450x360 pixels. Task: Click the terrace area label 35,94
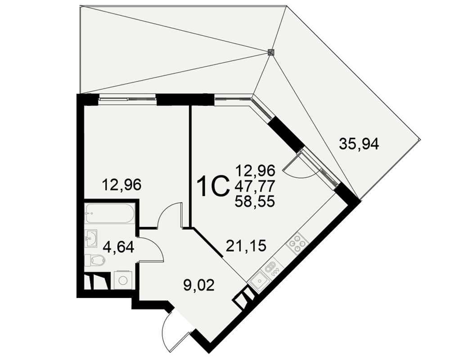[x=359, y=144]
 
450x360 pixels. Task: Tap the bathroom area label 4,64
[x=118, y=247]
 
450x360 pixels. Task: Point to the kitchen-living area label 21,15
[x=246, y=246]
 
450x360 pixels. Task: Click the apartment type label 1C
[x=214, y=187]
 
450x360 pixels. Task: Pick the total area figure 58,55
[x=255, y=202]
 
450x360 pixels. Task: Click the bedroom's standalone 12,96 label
[x=122, y=184]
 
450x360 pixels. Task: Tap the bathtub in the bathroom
[x=110, y=213]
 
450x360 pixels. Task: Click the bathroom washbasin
[x=91, y=238]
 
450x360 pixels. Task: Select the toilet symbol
[x=95, y=261]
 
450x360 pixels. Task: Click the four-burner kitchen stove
[x=297, y=243]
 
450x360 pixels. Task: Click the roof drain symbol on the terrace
[x=270, y=52]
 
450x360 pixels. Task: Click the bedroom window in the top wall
[x=127, y=99]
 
